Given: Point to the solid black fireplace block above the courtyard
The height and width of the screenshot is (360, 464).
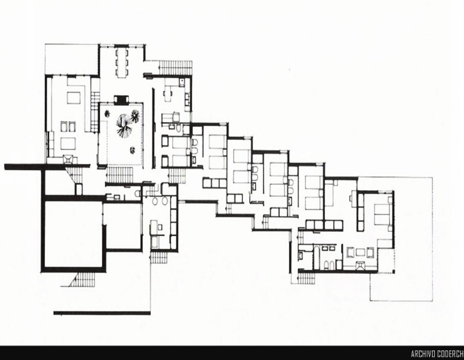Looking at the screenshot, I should click(121, 99).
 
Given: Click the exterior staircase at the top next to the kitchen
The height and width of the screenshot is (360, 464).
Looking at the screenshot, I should click(176, 68).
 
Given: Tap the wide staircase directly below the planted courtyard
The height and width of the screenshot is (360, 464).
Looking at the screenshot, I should click(120, 175).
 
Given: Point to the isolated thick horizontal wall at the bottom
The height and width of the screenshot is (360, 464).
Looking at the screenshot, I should click(101, 313).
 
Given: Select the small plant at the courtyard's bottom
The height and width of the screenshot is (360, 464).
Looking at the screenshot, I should click(132, 150).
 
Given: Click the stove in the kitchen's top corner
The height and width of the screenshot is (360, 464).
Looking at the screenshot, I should click(181, 82).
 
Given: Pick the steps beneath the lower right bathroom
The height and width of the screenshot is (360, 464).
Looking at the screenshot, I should click(307, 278).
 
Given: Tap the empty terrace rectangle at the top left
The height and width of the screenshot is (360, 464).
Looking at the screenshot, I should click(72, 59).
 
